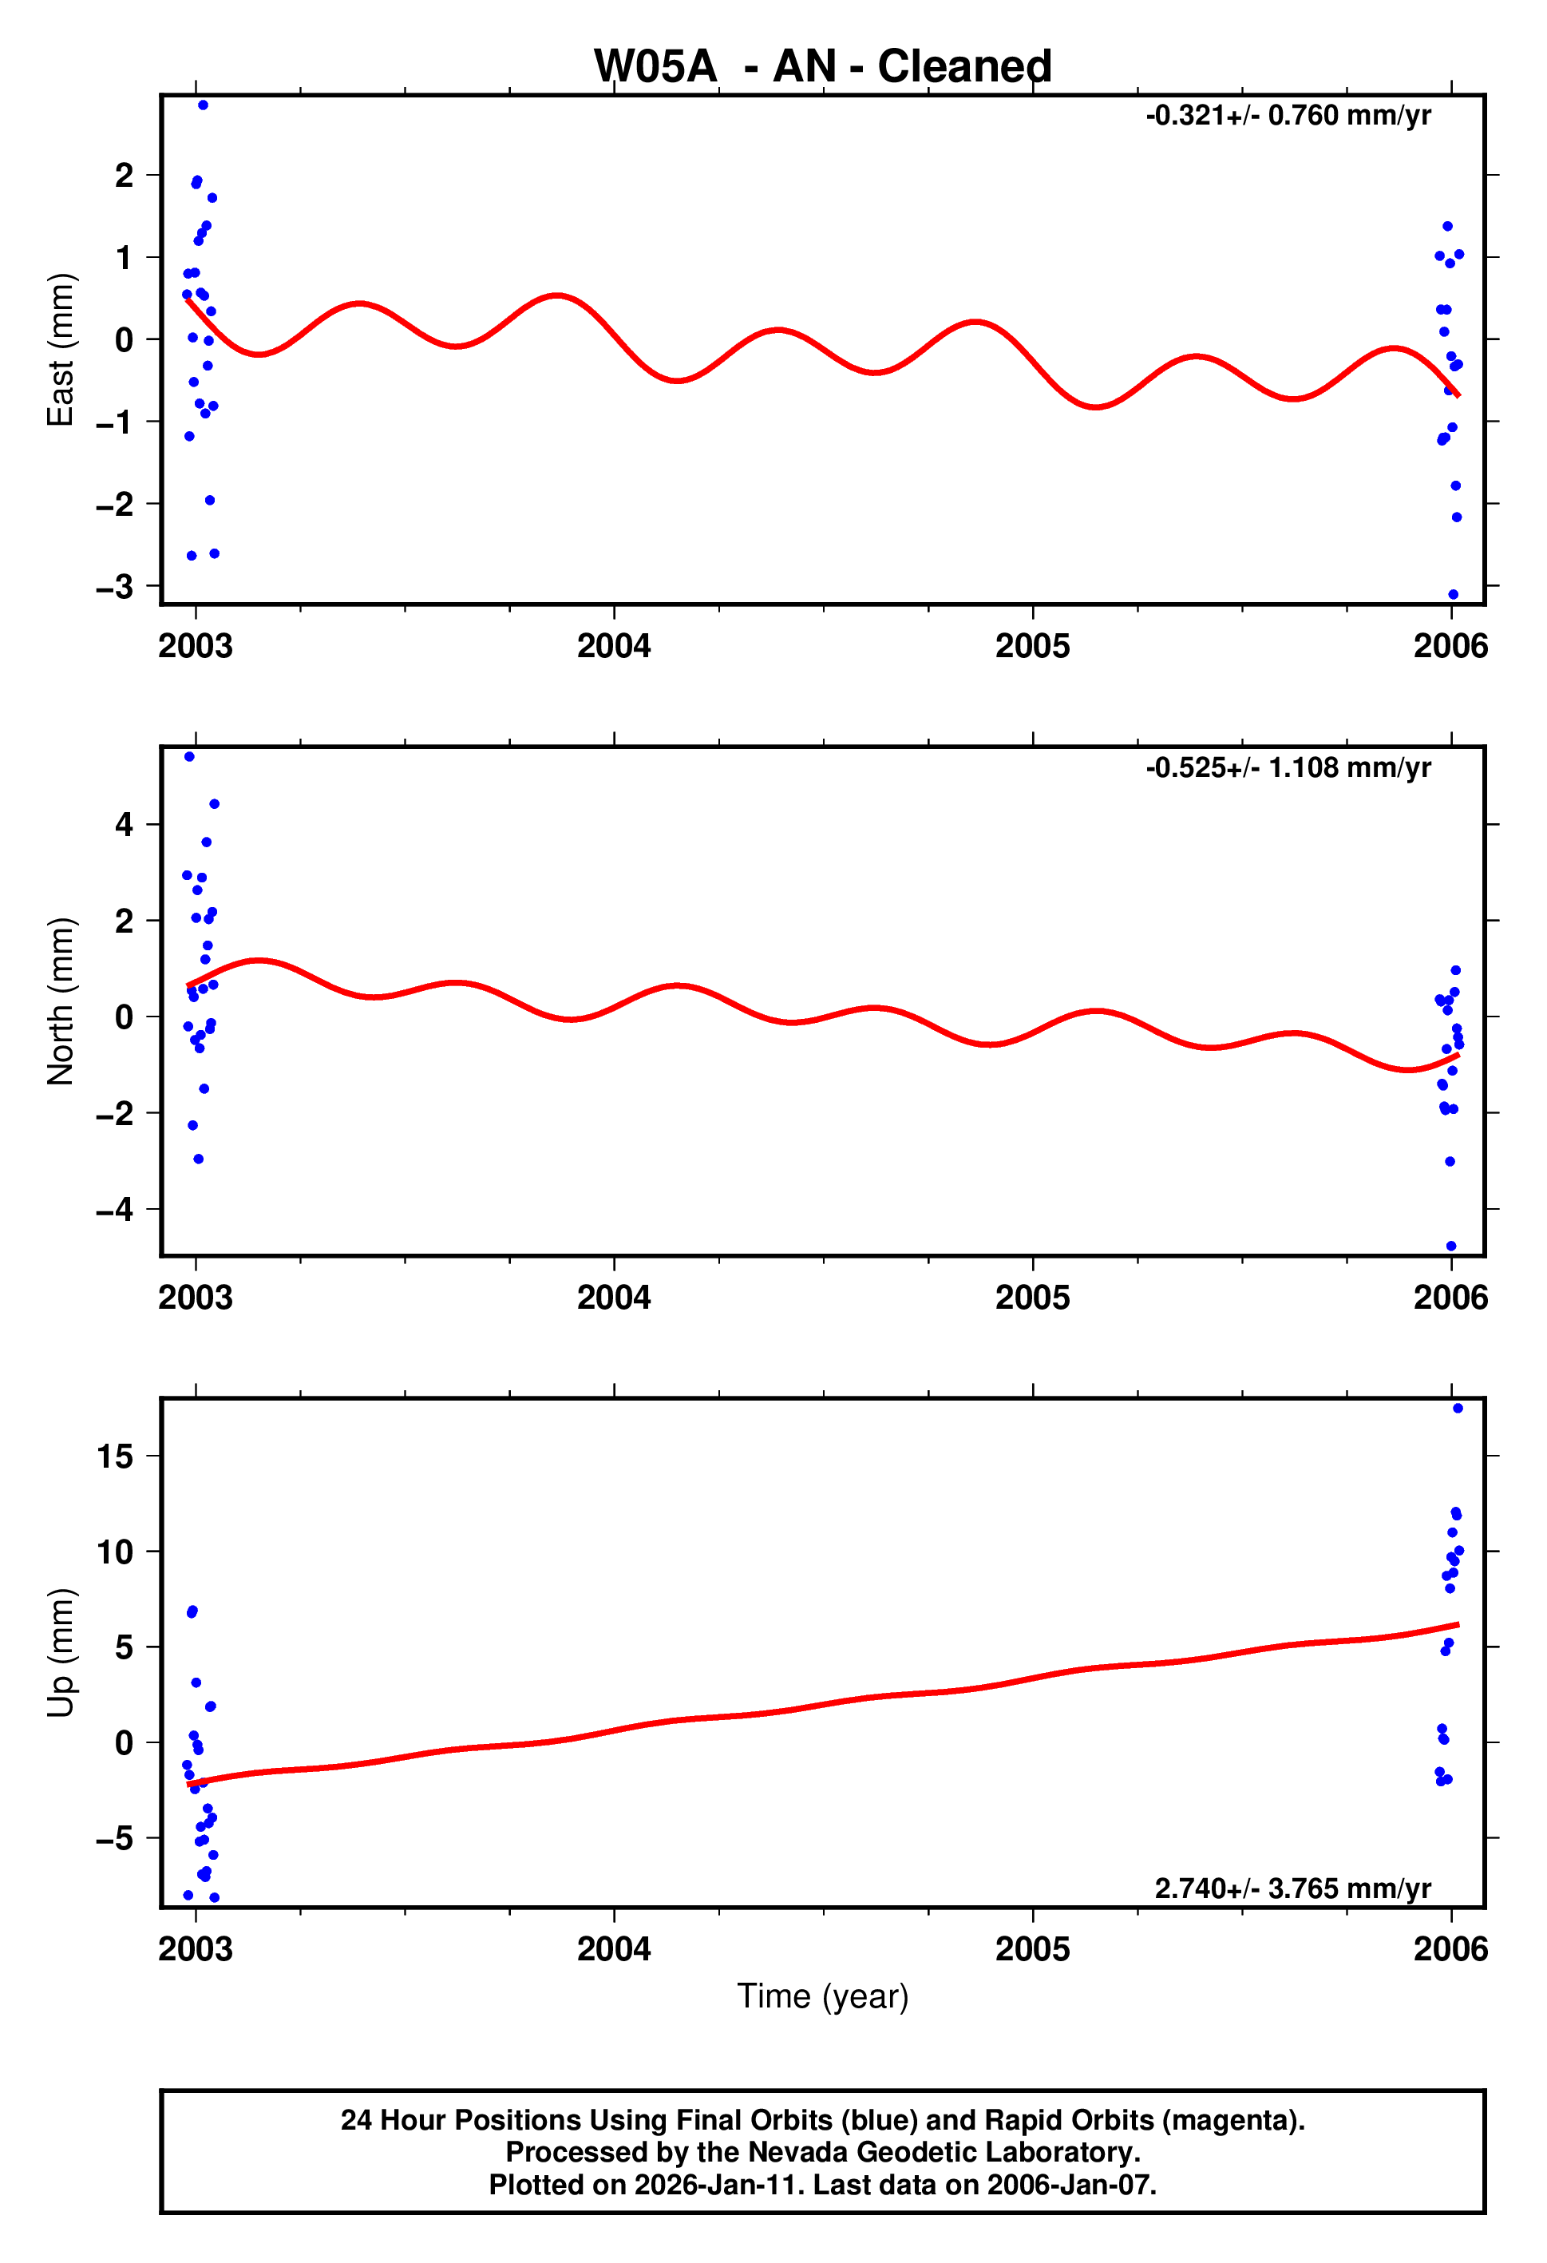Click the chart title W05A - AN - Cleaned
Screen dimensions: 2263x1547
tap(823, 66)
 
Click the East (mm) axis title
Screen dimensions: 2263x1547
tap(61, 350)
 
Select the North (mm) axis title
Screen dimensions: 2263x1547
tap(61, 1001)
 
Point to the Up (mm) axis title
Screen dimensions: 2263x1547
tap(61, 1651)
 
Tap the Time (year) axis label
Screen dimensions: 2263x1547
tap(823, 1996)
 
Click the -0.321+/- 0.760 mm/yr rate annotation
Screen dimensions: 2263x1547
tap(1288, 116)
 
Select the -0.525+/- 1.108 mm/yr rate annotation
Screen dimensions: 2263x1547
tap(1288, 768)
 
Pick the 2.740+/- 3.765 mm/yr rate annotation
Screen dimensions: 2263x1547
tap(1293, 1888)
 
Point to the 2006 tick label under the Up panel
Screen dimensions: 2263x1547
tap(1450, 1948)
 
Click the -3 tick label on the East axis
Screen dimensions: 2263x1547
tap(115, 587)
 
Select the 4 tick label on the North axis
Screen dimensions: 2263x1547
tap(124, 825)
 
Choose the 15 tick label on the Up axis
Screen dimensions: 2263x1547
tap(115, 1456)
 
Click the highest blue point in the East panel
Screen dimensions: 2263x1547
tap(203, 105)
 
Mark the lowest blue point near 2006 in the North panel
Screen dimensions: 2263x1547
tap(1450, 1246)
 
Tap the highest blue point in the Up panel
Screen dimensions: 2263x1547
tap(1458, 1408)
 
